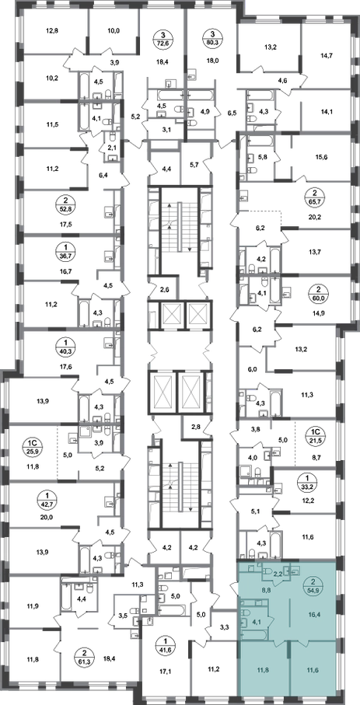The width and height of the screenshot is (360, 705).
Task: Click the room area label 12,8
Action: (53, 31)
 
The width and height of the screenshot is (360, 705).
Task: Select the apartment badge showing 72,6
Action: (164, 38)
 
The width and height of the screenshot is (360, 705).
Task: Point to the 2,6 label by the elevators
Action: (164, 288)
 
